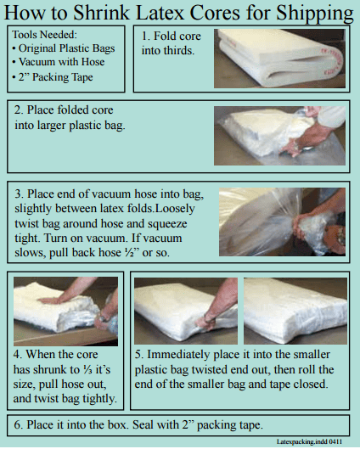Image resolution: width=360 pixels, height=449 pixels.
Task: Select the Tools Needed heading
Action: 45,35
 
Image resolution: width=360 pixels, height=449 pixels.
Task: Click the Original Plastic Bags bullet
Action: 64,48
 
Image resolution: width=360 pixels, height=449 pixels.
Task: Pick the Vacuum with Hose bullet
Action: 59,62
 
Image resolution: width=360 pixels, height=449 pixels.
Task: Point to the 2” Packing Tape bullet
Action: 53,77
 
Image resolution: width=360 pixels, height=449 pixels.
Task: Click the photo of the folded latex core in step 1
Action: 279,59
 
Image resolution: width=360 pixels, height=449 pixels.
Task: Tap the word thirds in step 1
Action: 179,51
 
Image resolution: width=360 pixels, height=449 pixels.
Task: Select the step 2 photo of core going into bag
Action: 279,136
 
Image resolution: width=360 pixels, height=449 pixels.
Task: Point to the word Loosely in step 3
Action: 175,209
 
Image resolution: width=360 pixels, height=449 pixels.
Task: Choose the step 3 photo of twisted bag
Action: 282,222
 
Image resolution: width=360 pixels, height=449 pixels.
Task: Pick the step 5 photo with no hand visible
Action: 295,311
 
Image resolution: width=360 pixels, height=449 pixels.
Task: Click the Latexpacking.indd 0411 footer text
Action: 310,441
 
